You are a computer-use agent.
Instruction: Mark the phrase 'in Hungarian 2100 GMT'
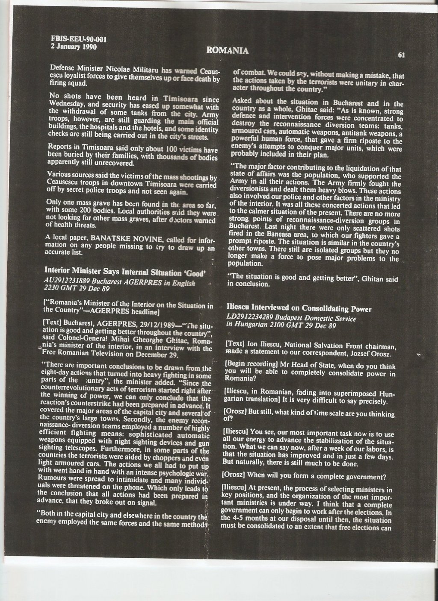[x=269, y=326]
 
